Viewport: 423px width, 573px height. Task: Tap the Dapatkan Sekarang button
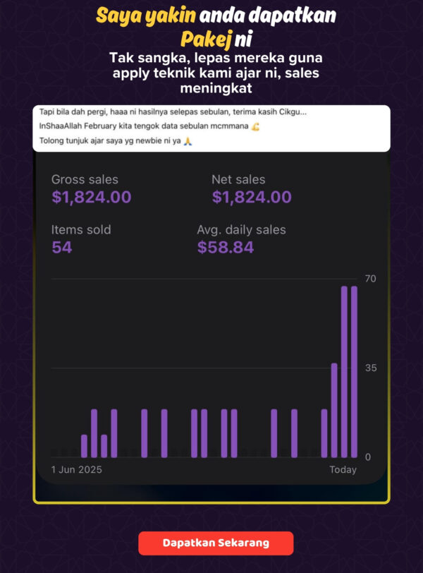pos(216,543)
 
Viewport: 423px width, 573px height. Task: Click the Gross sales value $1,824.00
pos(91,198)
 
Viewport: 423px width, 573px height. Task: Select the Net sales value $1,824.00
pos(252,198)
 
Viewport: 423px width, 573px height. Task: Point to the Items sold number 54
pos(62,247)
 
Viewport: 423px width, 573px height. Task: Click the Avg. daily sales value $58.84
pos(226,247)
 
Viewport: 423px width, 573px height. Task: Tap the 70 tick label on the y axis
pos(370,279)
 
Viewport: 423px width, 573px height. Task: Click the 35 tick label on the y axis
pos(370,368)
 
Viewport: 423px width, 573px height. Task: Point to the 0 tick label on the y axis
pos(368,457)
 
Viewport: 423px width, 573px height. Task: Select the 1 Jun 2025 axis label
pos(77,470)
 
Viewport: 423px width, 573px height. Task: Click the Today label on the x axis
pos(343,470)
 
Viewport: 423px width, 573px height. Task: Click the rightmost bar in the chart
pos(354,372)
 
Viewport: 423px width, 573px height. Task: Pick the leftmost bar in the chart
pos(84,446)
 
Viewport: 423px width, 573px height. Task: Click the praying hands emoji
pos(188,142)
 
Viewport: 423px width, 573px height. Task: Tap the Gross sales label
pos(85,180)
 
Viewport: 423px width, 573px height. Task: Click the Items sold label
pos(81,230)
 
